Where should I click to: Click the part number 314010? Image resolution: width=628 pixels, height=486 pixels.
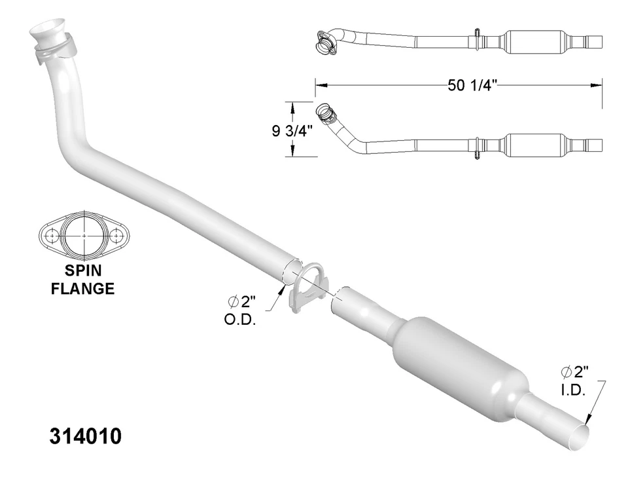(85, 437)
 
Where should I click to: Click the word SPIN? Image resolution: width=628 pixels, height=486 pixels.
(84, 272)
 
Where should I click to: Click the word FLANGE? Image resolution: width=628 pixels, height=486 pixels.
(82, 288)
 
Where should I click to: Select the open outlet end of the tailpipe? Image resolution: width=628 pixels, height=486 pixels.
(578, 435)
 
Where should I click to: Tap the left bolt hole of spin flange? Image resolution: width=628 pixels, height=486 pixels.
(52, 234)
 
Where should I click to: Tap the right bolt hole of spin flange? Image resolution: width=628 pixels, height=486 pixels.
(116, 234)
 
